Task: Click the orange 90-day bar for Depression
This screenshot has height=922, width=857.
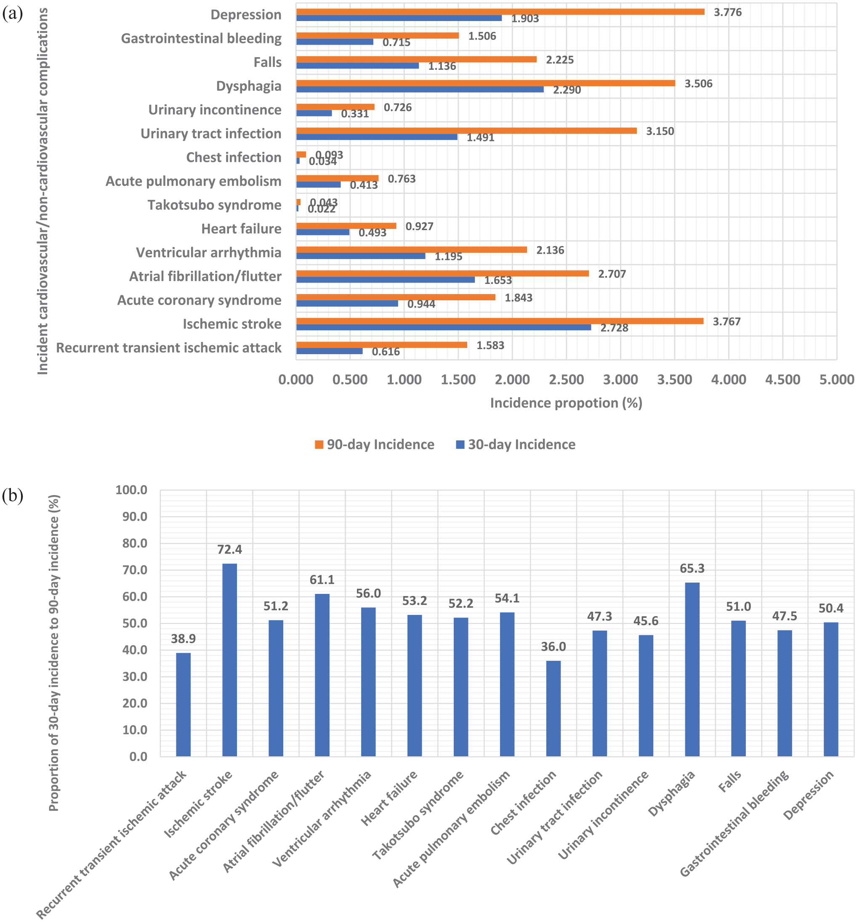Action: pos(500,12)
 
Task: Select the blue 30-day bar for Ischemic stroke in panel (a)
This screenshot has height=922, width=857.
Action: pos(444,327)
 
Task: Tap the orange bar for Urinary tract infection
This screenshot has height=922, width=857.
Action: pos(466,131)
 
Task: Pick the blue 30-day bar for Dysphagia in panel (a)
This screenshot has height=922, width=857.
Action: pos(420,90)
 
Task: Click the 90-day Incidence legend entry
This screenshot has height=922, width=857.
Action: pos(375,444)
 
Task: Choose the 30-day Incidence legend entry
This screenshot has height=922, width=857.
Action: pos(516,444)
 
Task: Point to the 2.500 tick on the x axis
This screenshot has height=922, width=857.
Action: pos(566,379)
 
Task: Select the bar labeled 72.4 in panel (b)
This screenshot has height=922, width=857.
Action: pos(229,660)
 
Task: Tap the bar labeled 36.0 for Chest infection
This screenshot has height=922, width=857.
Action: pos(553,708)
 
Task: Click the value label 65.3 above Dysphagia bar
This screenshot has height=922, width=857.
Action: pos(692,569)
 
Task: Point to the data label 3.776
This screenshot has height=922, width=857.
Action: pos(728,13)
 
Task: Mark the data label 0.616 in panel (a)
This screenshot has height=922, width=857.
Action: pos(386,352)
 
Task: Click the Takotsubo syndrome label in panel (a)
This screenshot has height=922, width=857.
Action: pos(214,205)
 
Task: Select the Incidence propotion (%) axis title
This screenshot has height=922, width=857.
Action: pos(566,403)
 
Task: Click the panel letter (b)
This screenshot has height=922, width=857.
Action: pos(13,495)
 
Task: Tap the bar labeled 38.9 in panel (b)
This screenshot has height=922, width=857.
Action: pos(183,705)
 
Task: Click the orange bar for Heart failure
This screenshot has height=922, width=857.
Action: pos(346,225)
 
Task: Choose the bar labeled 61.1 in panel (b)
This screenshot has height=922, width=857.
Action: pos(322,675)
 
